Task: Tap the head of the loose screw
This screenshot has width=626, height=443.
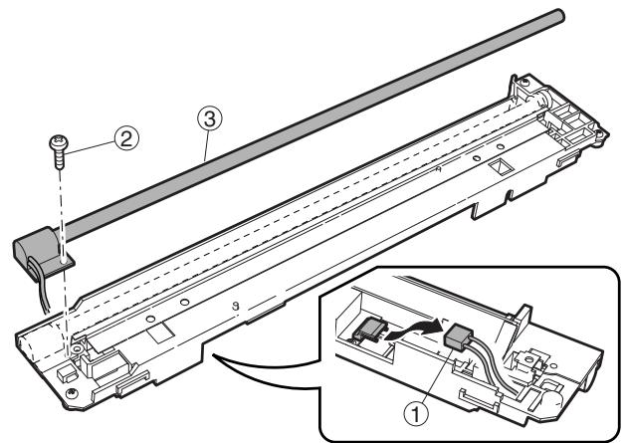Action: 59,146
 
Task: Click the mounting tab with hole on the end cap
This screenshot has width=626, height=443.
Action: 67,261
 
